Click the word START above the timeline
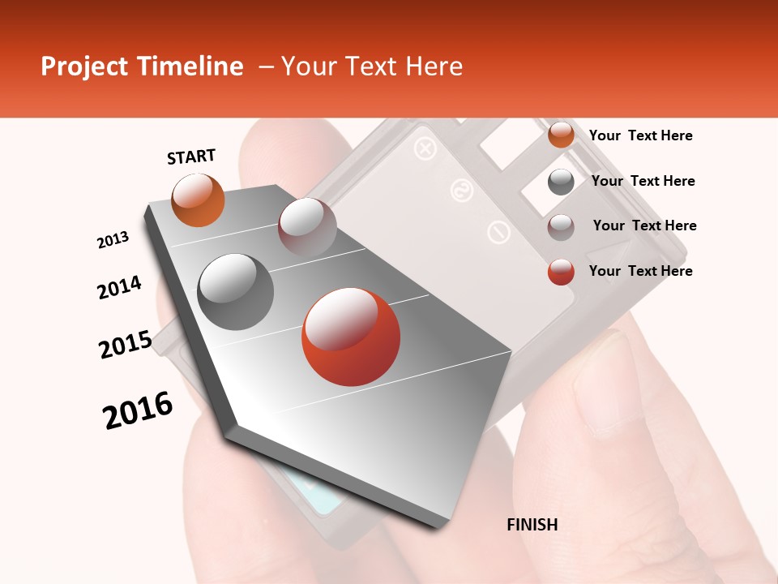[191, 157]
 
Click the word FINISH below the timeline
[532, 525]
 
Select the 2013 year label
[113, 240]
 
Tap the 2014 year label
[119, 288]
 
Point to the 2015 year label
[126, 345]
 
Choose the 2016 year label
[138, 410]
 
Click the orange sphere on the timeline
[198, 200]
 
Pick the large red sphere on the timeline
[351, 337]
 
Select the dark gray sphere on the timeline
[236, 292]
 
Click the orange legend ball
[561, 135]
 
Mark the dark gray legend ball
[561, 182]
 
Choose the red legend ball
[561, 272]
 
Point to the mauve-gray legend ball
[561, 227]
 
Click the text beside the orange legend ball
[640, 135]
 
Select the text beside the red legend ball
[640, 271]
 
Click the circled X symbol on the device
[424, 148]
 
